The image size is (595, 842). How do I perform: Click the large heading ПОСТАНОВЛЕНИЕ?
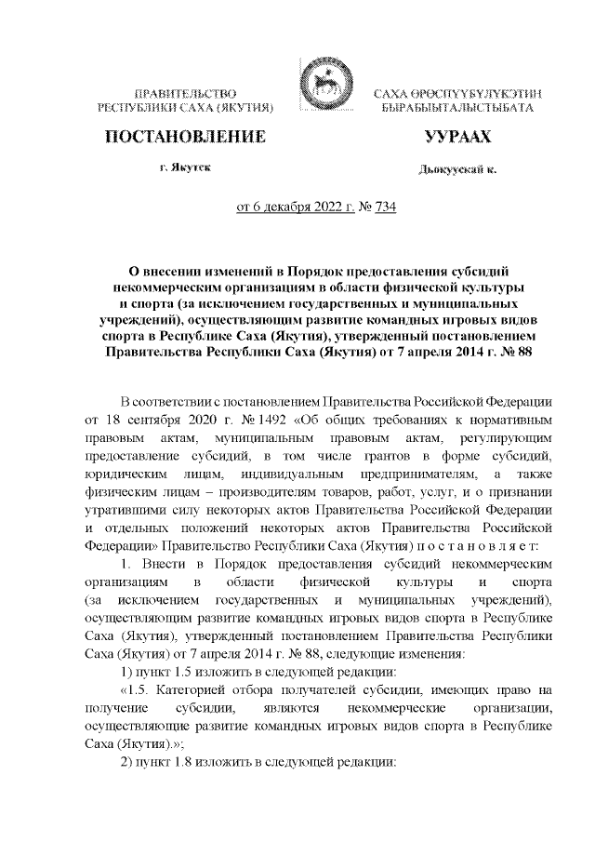click(183, 140)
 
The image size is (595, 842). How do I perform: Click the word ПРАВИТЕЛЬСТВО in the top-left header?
click(184, 95)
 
